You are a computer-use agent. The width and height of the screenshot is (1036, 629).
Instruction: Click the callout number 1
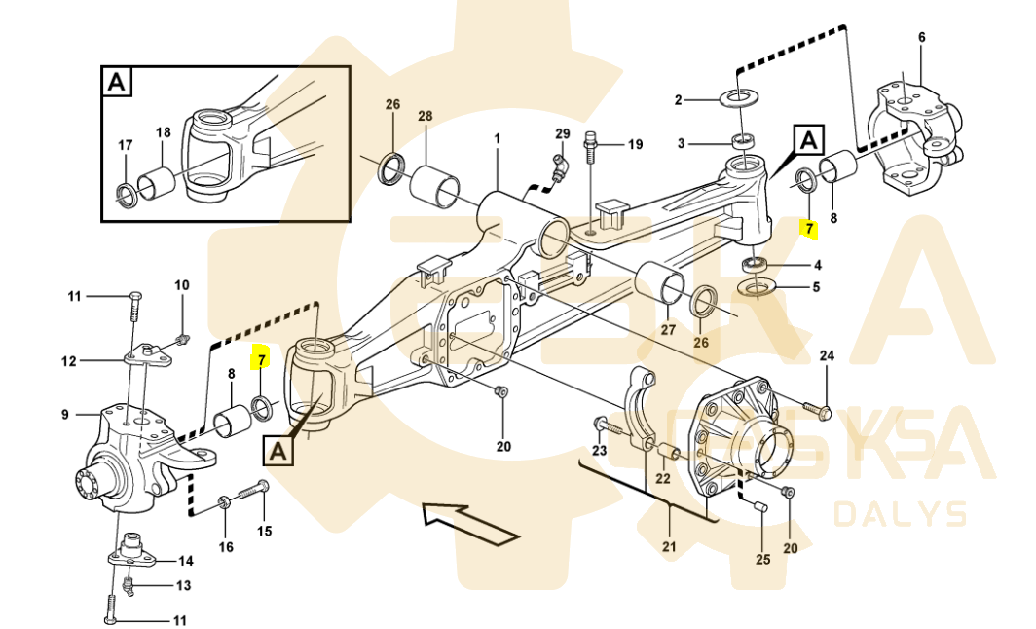pos(497,139)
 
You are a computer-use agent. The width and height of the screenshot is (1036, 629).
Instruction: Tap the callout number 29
pos(563,133)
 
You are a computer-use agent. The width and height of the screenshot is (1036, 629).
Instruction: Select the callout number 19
pos(635,145)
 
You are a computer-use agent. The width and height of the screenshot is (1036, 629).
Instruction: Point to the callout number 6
pos(921,38)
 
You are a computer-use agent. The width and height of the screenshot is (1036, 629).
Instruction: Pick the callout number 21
pos(669,547)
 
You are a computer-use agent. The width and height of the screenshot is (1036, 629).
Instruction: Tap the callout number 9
pos(65,415)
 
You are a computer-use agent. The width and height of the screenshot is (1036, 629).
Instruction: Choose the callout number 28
pos(425,117)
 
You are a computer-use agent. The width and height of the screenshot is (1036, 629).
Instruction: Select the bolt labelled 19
pos(589,146)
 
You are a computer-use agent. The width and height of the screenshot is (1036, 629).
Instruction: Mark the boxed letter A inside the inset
pos(116,83)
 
